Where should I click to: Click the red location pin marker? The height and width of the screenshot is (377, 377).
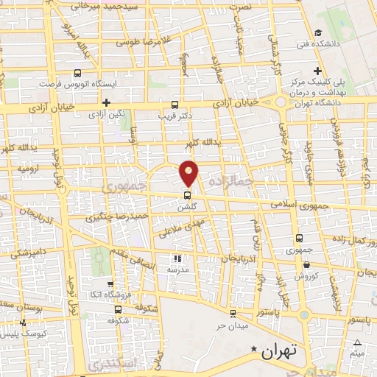click(189, 173)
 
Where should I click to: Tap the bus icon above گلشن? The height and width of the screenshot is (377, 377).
click(187, 196)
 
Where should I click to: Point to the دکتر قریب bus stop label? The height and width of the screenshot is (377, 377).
click(175, 116)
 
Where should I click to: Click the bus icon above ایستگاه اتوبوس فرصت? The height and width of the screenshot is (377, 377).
click(79, 73)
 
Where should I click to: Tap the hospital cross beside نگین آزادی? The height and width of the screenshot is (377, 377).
click(107, 103)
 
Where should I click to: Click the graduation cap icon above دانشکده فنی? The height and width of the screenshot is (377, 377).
click(317, 32)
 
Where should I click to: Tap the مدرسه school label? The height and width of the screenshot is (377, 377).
click(176, 269)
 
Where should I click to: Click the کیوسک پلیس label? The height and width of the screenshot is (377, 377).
click(24, 334)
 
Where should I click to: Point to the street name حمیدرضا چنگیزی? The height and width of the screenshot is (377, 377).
click(116, 216)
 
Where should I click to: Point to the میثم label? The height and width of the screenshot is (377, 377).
click(358, 353)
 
